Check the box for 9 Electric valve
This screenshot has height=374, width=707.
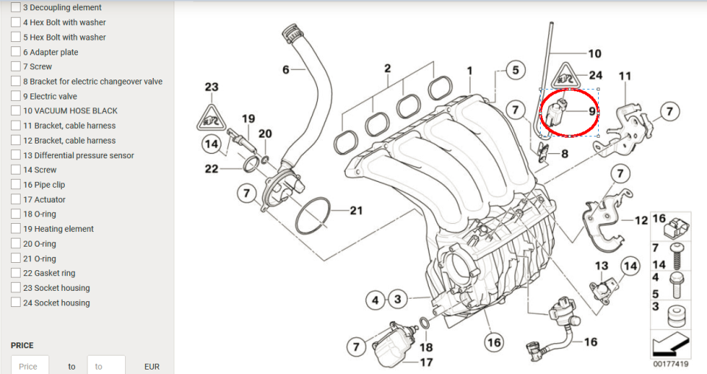(x=15, y=96)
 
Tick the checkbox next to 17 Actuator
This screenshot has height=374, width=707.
(x=15, y=200)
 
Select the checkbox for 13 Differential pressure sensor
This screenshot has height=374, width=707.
(x=15, y=155)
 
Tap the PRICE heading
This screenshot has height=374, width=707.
(x=22, y=345)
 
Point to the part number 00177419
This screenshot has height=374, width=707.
(x=670, y=364)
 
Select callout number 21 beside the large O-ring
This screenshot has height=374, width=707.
(x=356, y=211)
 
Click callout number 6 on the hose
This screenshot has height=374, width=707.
(x=285, y=70)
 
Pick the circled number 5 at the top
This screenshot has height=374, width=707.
(x=515, y=71)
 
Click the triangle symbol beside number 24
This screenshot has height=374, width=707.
(x=567, y=75)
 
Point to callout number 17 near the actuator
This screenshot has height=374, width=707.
(x=426, y=362)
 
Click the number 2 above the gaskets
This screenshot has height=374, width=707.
(x=387, y=69)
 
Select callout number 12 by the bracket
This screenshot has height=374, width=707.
(x=641, y=220)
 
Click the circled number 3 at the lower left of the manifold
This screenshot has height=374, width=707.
(x=397, y=300)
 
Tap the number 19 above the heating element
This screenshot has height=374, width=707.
(x=248, y=119)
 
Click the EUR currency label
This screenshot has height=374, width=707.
(x=152, y=366)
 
